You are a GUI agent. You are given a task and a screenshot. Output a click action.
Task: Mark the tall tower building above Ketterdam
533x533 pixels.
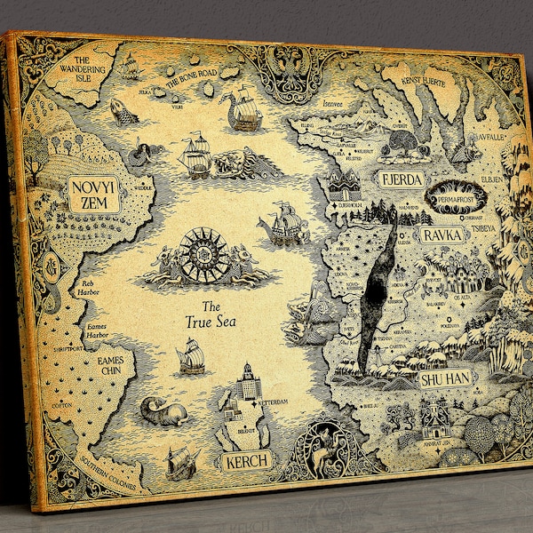pyautogui.click(x=245, y=382)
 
